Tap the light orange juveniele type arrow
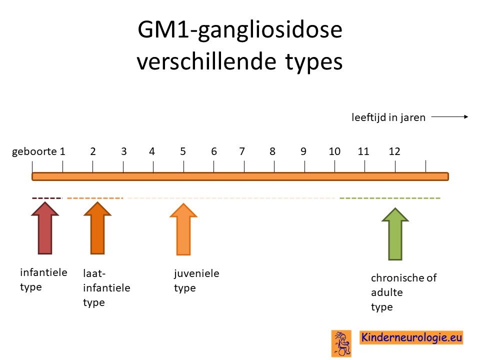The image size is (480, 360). (183, 229)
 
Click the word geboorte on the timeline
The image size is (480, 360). (34, 152)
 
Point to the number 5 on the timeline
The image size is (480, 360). (183, 151)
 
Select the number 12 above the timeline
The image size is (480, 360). (394, 151)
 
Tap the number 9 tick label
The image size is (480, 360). (303, 151)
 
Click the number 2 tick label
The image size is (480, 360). (93, 151)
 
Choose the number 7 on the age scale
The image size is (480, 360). (242, 151)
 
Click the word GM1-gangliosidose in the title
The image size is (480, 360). (240, 30)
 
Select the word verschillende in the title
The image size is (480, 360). (206, 61)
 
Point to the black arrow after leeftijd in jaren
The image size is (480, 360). (449, 116)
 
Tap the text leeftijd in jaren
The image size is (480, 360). (388, 117)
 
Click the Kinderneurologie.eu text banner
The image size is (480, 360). (411, 337)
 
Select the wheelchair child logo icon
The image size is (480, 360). (341, 343)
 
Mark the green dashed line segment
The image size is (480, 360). (389, 198)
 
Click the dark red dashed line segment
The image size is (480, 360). (47, 198)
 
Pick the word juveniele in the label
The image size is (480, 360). (196, 273)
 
